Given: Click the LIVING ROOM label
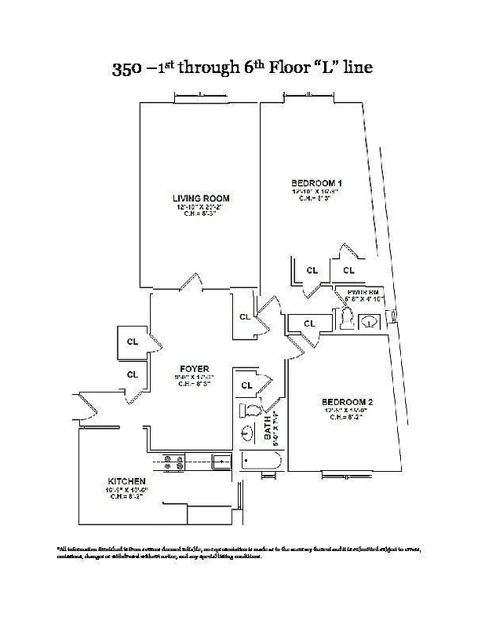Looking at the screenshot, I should [201, 198].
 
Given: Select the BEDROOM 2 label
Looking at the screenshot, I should [346, 401].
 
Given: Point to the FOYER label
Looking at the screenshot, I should [194, 368].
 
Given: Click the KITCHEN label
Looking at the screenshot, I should [126, 480].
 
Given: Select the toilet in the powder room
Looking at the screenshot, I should [346, 318].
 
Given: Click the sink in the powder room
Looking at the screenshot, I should [370, 320].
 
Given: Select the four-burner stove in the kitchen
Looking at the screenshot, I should [174, 463].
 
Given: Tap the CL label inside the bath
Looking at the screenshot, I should [248, 385].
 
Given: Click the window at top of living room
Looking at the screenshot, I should [200, 97].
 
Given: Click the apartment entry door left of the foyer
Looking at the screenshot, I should [88, 406].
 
